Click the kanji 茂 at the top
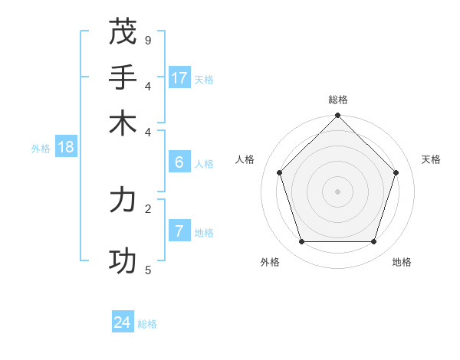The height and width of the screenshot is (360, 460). (123, 32)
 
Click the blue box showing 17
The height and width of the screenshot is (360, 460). (179, 77)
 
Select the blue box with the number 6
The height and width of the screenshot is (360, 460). (179, 162)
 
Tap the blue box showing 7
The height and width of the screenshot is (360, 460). (179, 231)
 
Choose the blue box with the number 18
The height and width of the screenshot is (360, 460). (66, 147)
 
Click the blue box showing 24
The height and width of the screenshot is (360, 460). (123, 322)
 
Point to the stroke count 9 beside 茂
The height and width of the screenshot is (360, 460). (148, 40)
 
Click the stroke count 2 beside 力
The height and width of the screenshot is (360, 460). (148, 208)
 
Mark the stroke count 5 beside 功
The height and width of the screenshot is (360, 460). (148, 270)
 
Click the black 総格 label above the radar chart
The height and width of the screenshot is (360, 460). (337, 100)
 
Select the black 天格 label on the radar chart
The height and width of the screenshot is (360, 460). (431, 159)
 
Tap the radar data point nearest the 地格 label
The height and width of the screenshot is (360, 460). (373, 241)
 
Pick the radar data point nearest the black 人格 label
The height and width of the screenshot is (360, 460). (280, 172)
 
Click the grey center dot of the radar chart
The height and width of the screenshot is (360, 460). (337, 191)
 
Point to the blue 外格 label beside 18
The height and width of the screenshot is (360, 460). (41, 149)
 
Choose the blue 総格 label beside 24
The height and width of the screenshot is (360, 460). (147, 324)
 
